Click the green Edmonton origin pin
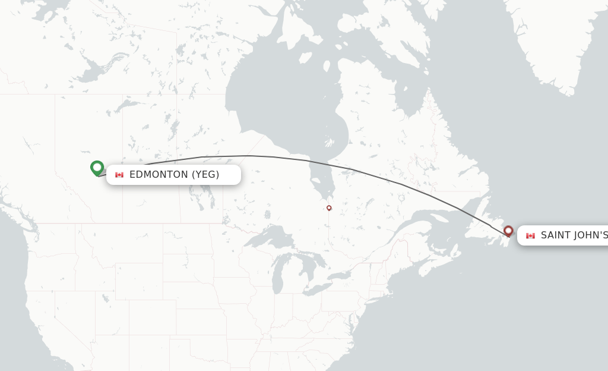tap(97, 168)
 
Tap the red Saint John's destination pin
tap(508, 231)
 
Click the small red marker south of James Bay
tap(329, 207)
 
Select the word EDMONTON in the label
tap(157, 174)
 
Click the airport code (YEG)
tap(205, 174)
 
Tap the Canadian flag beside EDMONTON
tap(119, 175)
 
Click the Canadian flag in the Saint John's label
tap(530, 236)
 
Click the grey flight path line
tap(249, 156)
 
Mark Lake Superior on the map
tap(267, 238)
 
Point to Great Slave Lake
tap(95, 71)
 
